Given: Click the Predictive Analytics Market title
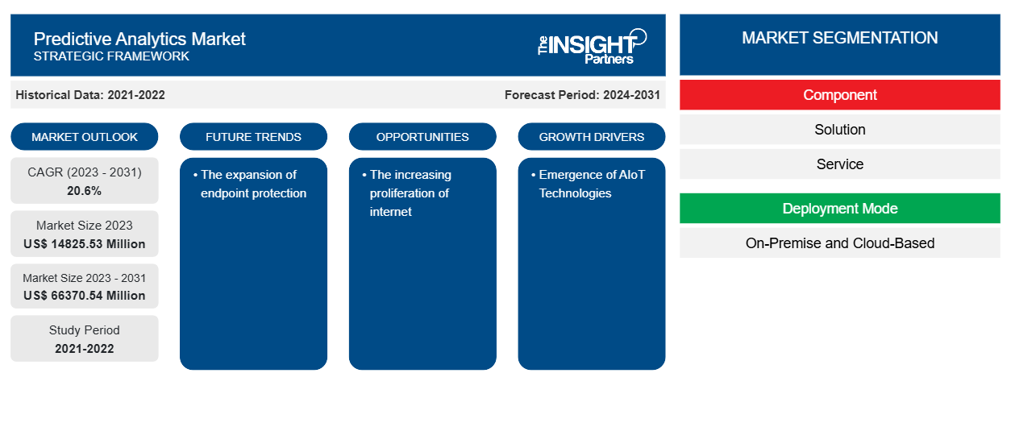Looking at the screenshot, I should (139, 39).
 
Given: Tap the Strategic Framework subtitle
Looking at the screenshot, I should (111, 56).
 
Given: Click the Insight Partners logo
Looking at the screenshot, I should (592, 45).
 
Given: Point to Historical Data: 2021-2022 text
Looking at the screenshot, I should (90, 95).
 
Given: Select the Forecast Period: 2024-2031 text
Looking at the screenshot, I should (582, 95).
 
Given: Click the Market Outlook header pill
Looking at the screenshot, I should (85, 137).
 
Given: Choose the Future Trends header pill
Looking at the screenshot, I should (253, 137).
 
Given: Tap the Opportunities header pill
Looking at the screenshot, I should (422, 137).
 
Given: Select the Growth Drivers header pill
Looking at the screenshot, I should (592, 137).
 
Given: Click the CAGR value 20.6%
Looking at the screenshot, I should (85, 191).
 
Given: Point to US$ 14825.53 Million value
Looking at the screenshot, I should (85, 244).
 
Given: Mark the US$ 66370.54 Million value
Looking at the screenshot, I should (85, 296).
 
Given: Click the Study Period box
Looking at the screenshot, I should (85, 338).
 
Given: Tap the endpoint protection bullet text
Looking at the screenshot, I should (253, 184).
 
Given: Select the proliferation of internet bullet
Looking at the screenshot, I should (410, 193).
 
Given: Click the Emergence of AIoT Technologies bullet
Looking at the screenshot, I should (592, 184).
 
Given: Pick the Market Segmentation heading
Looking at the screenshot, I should (839, 38).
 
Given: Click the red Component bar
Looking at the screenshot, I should (839, 95).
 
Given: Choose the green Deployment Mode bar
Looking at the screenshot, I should (839, 209).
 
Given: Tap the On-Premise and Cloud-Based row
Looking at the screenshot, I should (839, 243).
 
